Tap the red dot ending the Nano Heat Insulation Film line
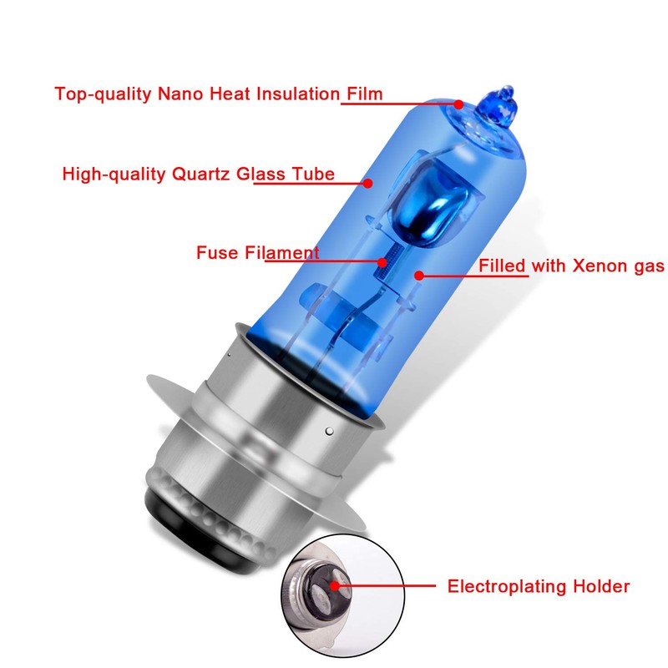458,104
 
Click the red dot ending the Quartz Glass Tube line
368,181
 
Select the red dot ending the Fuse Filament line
382,262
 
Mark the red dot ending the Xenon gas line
417,273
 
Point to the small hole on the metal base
329,430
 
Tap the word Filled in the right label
502,266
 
